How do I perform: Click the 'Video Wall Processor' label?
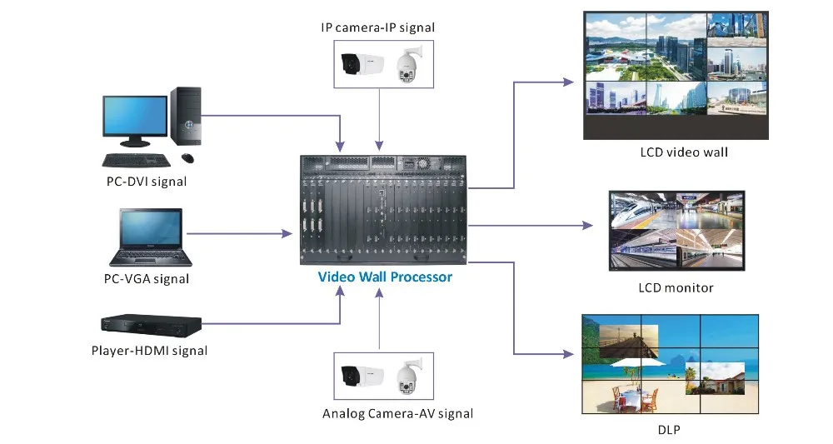click(385, 276)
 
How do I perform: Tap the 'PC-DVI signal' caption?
click(147, 181)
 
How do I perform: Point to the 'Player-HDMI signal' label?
click(149, 350)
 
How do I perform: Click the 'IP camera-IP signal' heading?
click(378, 27)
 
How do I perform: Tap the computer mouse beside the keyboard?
click(187, 157)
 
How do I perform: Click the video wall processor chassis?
click(385, 207)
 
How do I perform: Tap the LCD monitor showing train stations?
click(676, 231)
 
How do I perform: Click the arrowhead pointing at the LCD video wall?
click(569, 82)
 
